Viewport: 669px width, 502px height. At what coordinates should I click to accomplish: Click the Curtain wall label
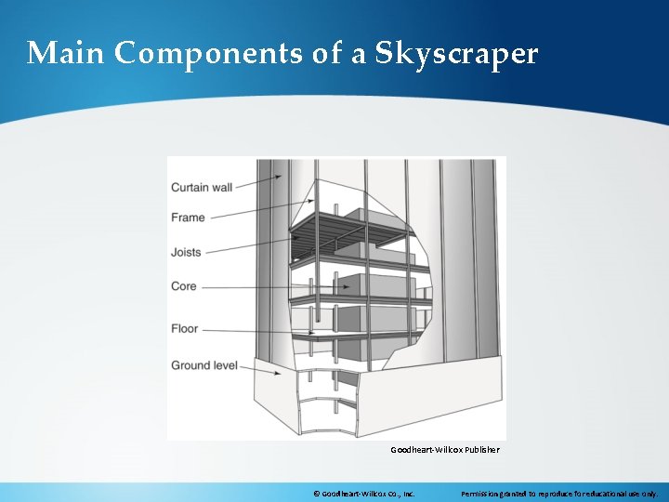coord(202,187)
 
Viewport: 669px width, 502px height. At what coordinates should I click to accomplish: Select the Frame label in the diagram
coord(188,218)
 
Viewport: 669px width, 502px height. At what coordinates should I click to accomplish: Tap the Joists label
coord(186,252)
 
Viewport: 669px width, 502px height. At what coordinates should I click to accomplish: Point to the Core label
coord(184,286)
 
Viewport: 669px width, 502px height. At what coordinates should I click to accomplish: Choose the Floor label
coord(184,328)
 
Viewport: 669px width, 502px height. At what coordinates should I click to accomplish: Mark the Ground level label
coord(203,365)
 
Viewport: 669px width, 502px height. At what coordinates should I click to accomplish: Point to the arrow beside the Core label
coord(269,287)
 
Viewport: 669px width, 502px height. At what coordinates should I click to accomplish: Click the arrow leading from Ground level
coord(261,369)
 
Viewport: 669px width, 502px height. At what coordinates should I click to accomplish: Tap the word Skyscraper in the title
coord(456,54)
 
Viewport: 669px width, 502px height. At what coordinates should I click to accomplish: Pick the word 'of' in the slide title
coord(327,53)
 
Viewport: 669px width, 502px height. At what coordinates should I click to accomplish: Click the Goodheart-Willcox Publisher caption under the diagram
coord(444,450)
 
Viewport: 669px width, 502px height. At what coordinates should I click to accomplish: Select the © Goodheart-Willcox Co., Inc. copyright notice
coord(363,494)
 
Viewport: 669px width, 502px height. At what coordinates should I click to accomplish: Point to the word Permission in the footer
coord(484,494)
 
